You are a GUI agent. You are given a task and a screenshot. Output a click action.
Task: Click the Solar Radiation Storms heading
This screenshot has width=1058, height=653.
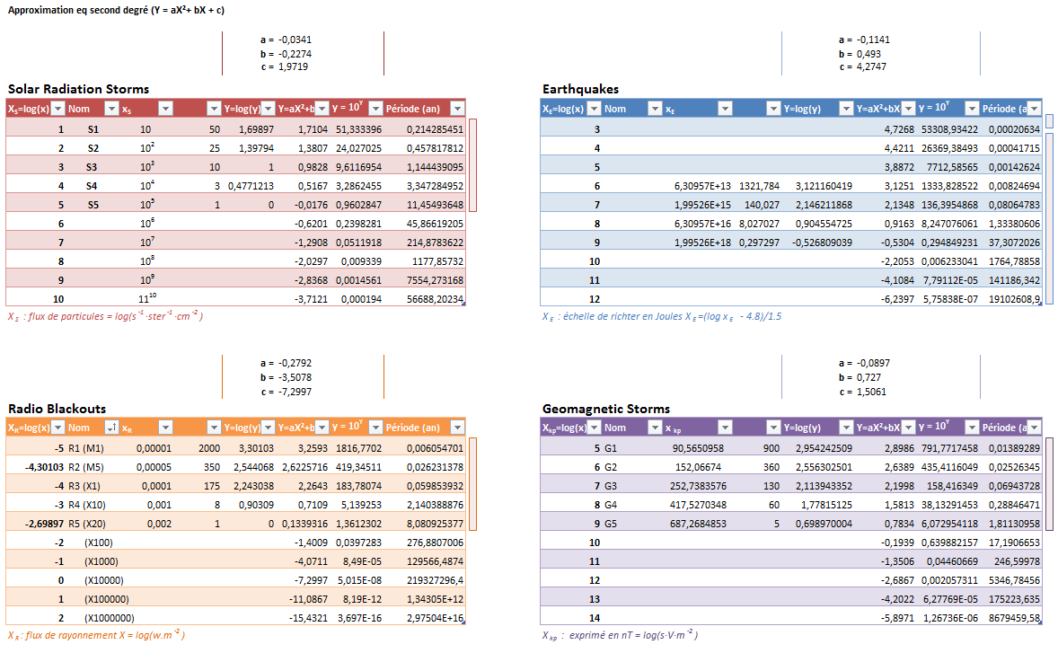pos(78,89)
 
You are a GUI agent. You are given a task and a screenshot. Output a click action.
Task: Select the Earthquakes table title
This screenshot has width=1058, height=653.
pos(580,89)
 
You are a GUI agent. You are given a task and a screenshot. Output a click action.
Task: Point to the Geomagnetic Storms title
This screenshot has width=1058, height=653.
pos(606,409)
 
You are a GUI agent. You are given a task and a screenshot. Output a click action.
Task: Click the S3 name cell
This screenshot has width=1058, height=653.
pos(93,167)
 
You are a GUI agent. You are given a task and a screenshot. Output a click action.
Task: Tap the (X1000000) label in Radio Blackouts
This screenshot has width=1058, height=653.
pos(109,618)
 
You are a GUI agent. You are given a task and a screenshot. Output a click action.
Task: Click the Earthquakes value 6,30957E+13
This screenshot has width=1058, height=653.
pos(703,186)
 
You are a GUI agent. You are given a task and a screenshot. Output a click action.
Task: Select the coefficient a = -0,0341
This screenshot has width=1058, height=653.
pos(285,40)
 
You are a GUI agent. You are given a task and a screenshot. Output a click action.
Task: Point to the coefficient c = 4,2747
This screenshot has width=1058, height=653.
pos(863,66)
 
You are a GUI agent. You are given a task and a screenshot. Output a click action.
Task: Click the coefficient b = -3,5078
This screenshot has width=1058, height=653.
pos(285,378)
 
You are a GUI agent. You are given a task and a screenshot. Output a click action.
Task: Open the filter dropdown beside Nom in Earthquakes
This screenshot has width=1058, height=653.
pos(648,109)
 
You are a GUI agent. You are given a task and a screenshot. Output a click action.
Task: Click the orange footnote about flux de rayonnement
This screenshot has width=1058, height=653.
pos(97,636)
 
